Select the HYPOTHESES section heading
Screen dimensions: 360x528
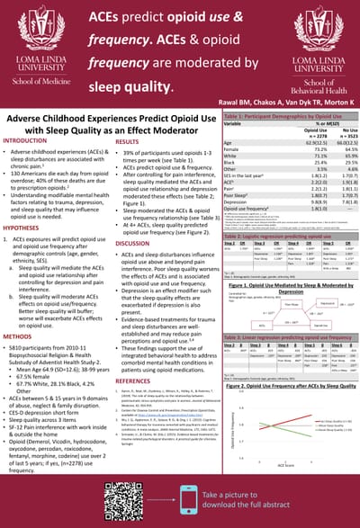tap(24, 228)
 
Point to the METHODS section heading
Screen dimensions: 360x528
tap(21, 336)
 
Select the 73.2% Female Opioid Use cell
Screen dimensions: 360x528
tap(292, 149)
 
